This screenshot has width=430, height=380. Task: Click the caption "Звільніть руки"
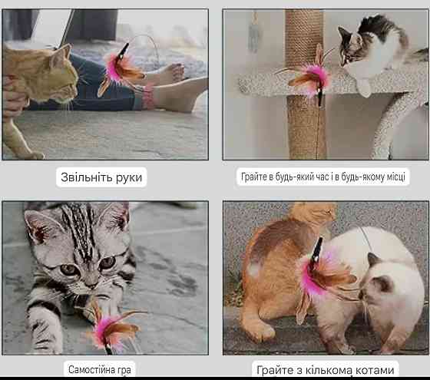coord(101,177)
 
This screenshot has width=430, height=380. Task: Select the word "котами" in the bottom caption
coord(375,370)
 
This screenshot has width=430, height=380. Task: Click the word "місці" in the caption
coord(396,177)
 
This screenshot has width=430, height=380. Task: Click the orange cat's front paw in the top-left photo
coord(35,155)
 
